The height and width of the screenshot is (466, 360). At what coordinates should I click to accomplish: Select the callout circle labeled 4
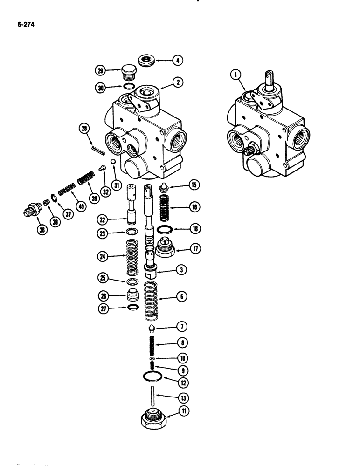pos(178,60)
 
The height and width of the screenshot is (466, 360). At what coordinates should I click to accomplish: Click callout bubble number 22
pos(103,219)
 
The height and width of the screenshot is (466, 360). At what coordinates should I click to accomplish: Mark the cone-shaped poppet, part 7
pos(151,329)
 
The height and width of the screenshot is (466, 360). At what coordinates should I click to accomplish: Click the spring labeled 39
pos(86,179)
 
